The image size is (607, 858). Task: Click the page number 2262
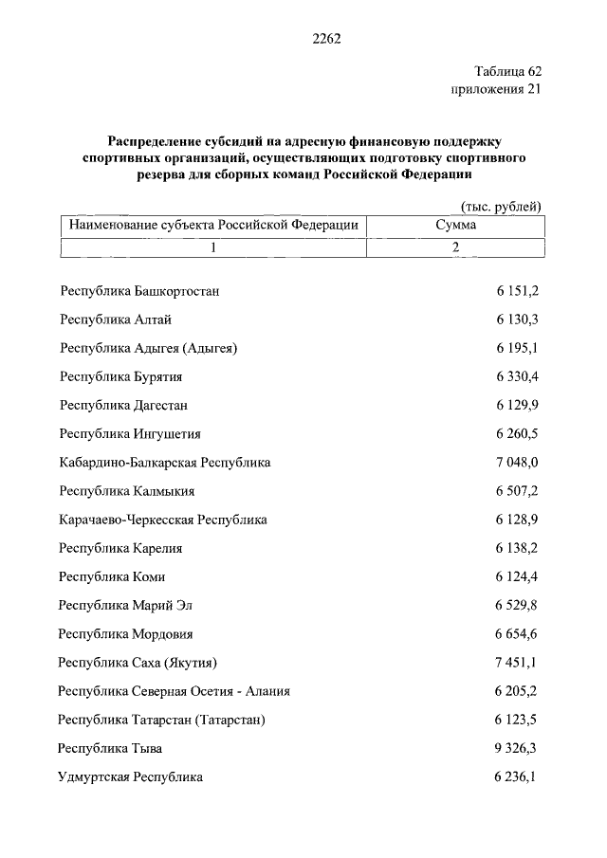point(325,39)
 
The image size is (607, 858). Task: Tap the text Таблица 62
point(507,71)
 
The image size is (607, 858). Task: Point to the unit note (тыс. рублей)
point(500,207)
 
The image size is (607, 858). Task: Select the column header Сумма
point(456,226)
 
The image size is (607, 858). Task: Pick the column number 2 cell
point(456,247)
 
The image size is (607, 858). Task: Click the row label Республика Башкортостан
point(139,291)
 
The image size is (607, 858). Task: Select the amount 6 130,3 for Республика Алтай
point(517,319)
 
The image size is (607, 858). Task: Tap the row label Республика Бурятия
point(120,376)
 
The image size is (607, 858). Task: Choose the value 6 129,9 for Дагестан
point(517,405)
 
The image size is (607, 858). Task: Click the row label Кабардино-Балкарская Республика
point(165,463)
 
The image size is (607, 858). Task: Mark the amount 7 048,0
point(517,463)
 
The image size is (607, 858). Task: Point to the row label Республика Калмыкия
point(127,491)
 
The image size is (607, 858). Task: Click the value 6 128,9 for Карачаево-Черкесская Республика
point(517,520)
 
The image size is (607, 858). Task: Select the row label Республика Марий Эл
point(125,605)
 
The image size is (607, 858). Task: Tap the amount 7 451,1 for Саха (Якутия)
point(517,663)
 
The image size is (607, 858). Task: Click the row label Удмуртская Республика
point(131,776)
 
